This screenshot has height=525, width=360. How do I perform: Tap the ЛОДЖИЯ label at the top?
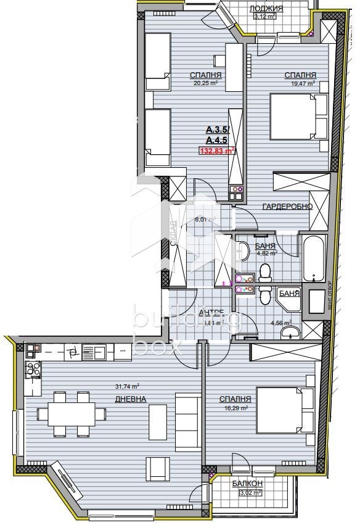point(266,8)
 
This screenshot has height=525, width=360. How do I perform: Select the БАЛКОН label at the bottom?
point(248,484)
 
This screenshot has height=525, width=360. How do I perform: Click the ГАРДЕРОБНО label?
point(287,206)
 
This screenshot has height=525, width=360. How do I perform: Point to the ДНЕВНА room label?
point(130,399)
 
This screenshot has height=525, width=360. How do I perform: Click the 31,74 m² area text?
point(126,387)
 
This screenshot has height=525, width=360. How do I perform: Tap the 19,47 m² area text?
point(300,83)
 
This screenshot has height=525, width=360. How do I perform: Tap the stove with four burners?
point(33,371)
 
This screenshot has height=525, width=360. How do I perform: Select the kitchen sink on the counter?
point(96,352)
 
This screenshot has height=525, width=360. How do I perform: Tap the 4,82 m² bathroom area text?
point(266,252)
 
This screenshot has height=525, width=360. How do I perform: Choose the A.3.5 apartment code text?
point(216,130)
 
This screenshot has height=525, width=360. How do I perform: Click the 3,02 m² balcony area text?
point(248,492)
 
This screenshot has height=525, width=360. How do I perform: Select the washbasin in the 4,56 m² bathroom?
point(290,334)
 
